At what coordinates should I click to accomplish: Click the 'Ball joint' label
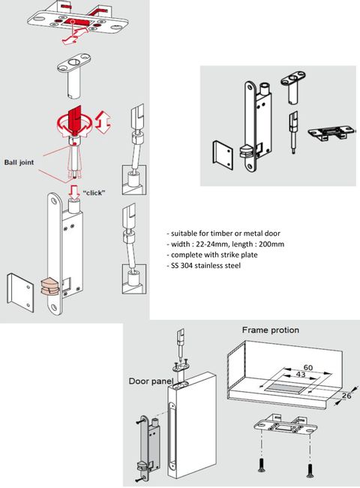[19, 162]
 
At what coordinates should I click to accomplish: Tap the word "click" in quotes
[94, 193]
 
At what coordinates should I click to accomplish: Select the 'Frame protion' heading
[271, 330]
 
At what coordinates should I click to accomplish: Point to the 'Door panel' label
[151, 381]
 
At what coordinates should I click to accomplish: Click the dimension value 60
[307, 368]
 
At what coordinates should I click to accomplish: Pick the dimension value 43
[300, 375]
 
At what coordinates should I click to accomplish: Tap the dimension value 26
[346, 396]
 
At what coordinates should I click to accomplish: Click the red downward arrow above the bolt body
[74, 192]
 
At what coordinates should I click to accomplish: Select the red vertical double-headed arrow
[103, 122]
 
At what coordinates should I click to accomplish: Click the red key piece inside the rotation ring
[74, 119]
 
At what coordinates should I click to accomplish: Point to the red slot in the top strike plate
[78, 22]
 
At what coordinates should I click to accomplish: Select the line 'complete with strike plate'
[212, 255]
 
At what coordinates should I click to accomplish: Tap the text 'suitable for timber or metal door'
[223, 233]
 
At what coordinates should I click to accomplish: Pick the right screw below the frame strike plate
[310, 470]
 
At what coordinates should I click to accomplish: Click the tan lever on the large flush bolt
[49, 287]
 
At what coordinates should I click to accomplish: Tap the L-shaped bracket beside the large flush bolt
[20, 292]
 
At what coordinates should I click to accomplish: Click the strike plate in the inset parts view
[331, 133]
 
